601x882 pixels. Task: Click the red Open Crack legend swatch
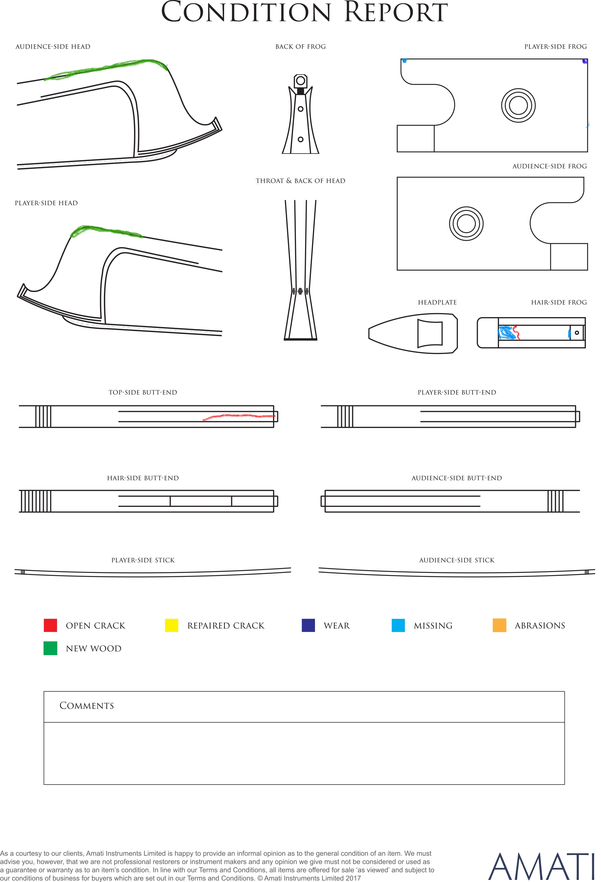[50, 625]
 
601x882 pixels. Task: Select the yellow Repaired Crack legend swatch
[171, 625]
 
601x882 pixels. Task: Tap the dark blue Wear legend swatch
[308, 625]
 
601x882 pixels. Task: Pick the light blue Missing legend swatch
[398, 625]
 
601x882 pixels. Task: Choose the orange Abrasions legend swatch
[499, 625]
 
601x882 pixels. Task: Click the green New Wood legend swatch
[50, 648]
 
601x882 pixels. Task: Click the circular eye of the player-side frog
[518, 105]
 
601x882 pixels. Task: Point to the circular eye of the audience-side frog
[466, 224]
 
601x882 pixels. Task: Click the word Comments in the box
[87, 706]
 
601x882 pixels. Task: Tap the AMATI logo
[541, 867]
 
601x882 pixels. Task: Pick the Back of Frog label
[300, 47]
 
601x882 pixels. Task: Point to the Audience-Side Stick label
[457, 560]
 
